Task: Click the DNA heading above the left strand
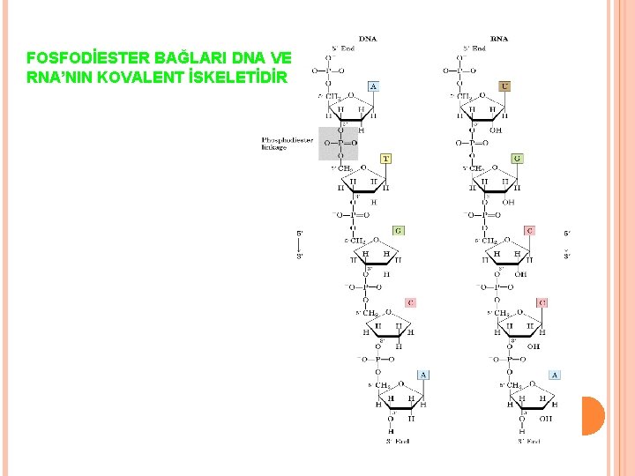click(x=368, y=38)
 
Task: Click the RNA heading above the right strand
click(x=499, y=38)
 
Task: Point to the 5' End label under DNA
click(x=342, y=48)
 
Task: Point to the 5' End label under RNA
click(x=475, y=48)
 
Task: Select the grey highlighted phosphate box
click(x=338, y=143)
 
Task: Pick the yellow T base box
click(x=385, y=159)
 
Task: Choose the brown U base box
click(x=504, y=86)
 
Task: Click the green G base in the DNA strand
click(x=399, y=230)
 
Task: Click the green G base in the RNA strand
click(x=517, y=159)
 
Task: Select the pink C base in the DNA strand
click(x=410, y=302)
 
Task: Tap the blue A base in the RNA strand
click(x=554, y=375)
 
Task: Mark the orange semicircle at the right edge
click(x=594, y=415)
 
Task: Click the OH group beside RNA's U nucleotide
click(x=496, y=130)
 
